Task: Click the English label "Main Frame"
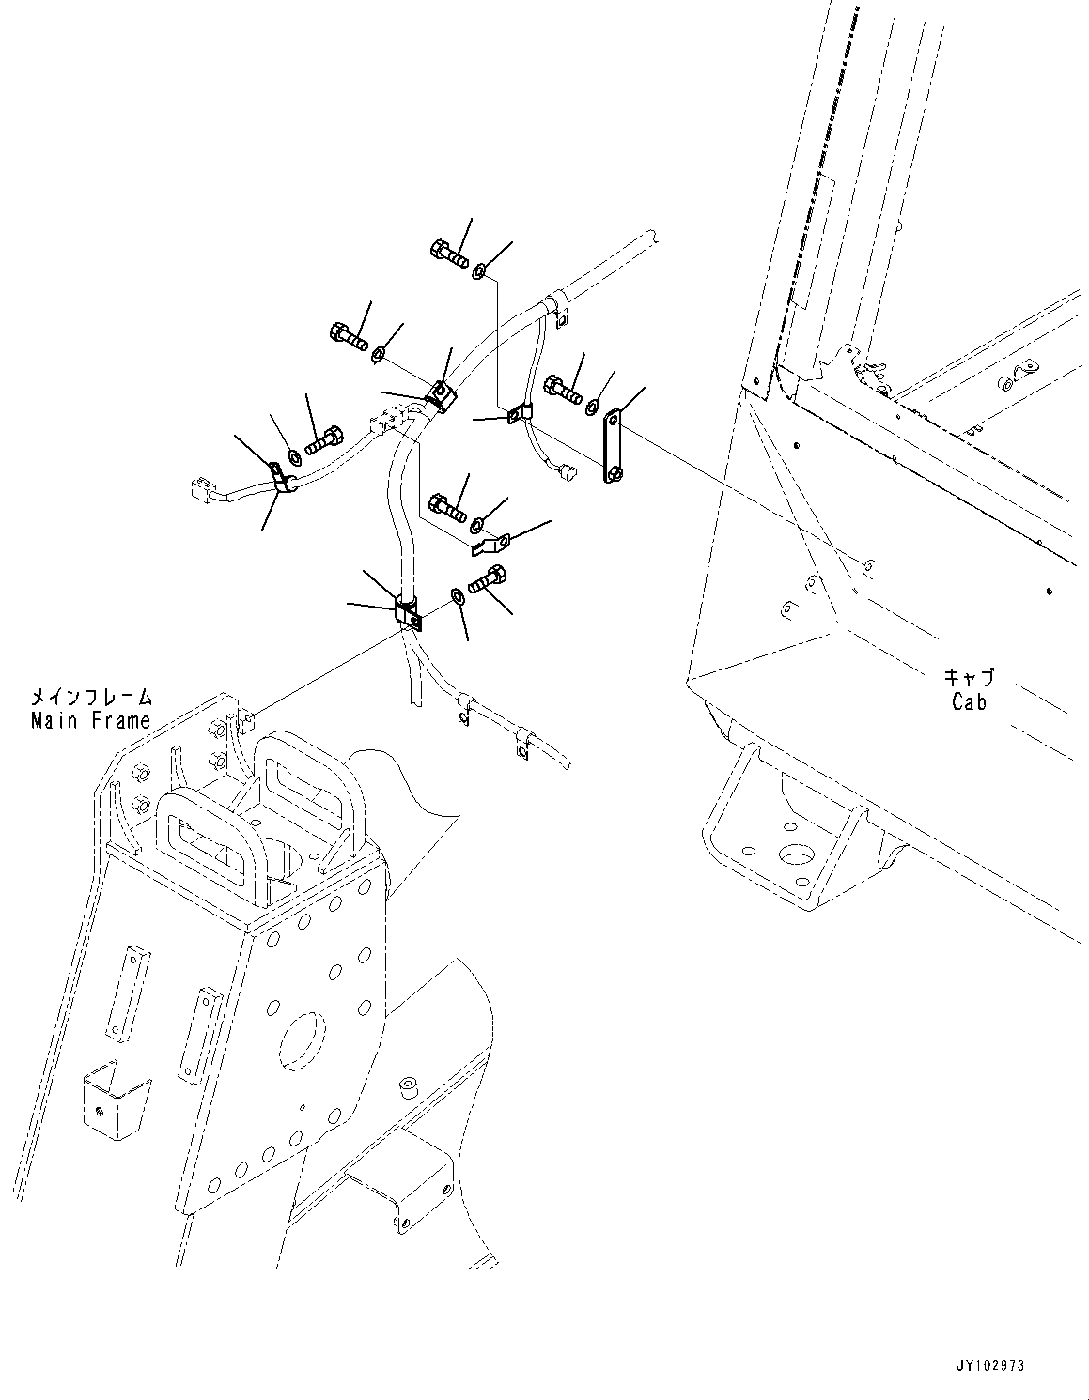(90, 720)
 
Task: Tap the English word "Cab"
(969, 700)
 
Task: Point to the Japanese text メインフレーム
(90, 698)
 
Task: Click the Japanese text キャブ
(969, 677)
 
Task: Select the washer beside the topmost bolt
(479, 271)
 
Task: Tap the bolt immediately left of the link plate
(560, 388)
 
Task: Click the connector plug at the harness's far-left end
(198, 489)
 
